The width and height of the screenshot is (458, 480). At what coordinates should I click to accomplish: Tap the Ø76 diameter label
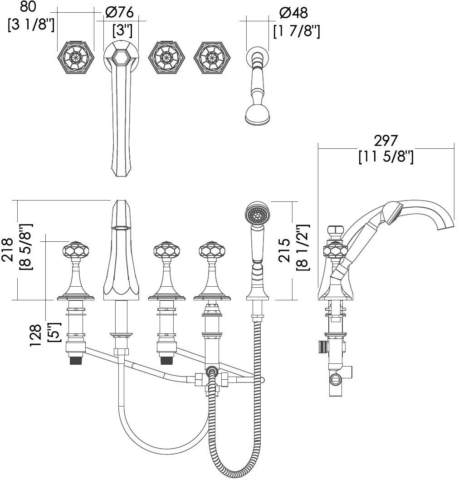click(x=120, y=13)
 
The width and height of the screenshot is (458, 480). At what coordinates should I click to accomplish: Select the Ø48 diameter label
click(x=293, y=13)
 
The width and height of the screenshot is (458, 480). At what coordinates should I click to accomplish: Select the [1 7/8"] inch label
click(x=297, y=31)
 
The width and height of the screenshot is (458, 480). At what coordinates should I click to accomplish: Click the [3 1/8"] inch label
click(x=31, y=24)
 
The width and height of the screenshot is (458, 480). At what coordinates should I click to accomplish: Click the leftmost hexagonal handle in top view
click(x=75, y=58)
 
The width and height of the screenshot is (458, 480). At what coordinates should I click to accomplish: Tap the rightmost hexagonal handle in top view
click(x=212, y=58)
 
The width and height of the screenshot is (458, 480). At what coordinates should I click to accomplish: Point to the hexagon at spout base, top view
click(x=121, y=57)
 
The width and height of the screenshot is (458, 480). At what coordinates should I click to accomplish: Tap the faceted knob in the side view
click(x=335, y=250)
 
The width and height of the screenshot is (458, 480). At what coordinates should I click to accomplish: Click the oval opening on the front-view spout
click(x=121, y=227)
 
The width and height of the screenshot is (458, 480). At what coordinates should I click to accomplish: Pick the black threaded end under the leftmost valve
click(x=75, y=360)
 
